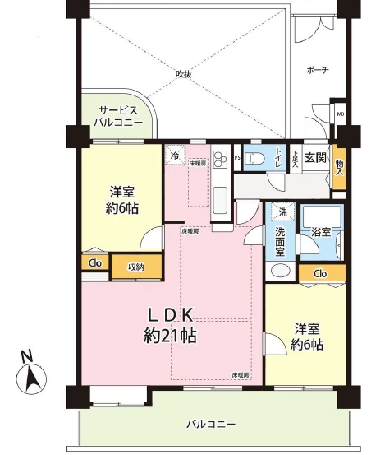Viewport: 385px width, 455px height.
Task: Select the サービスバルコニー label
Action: point(117,115)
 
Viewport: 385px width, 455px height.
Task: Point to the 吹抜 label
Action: point(183,73)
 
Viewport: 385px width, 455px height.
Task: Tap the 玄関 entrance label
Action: point(314,156)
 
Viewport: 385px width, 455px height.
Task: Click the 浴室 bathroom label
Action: point(320,233)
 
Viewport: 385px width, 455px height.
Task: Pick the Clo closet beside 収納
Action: point(94,264)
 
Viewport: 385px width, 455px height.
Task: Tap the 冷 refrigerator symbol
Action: point(174,154)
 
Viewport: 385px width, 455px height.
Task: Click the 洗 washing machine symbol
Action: point(281,211)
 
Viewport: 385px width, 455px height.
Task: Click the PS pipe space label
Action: point(237,157)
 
